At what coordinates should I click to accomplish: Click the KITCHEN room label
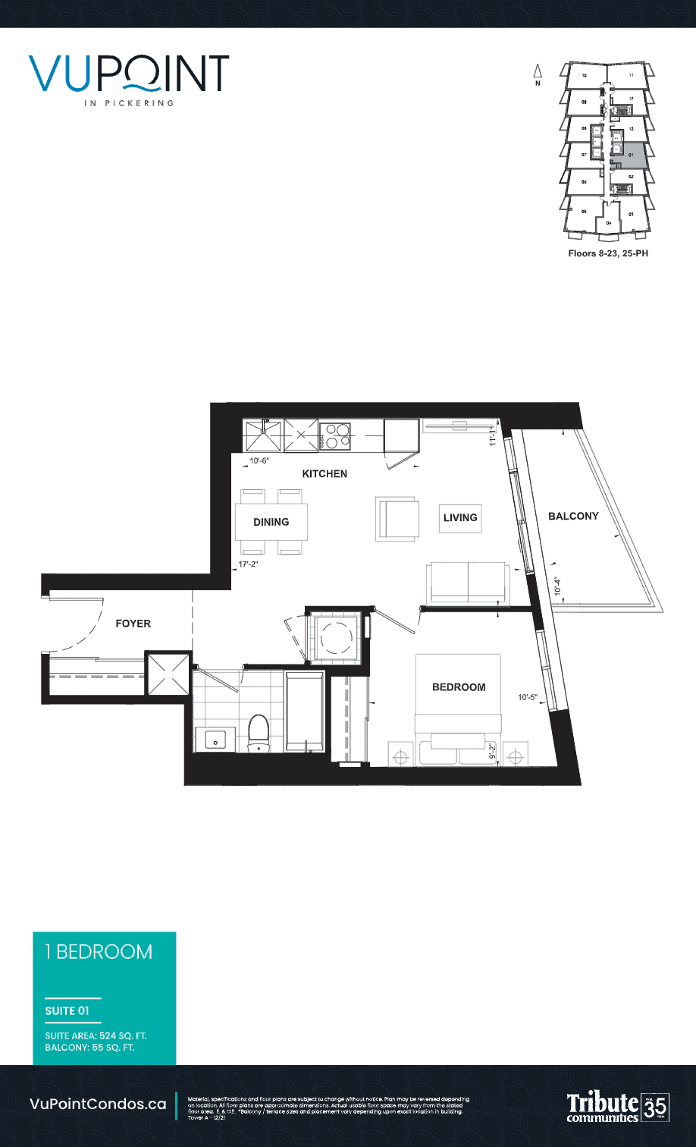pos(324,473)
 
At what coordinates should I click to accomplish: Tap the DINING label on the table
pos(271,522)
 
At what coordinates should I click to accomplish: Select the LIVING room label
pos(459,517)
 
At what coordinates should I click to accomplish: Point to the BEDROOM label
pos(459,687)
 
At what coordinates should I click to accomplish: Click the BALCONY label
pos(573,516)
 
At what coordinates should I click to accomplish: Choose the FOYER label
pos(133,624)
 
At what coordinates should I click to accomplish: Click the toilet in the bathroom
pos(259,733)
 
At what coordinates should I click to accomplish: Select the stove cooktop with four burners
pos(334,436)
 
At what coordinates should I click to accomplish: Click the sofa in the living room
pos(468,583)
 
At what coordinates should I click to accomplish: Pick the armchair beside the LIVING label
pos(397,519)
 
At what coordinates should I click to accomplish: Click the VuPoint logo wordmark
pos(129,75)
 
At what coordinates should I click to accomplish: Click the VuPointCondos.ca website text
pos(97,1105)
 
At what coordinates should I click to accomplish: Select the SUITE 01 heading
pos(67,1011)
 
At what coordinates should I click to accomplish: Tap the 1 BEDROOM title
pos(99,952)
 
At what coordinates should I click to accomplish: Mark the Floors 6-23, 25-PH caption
pos(608,253)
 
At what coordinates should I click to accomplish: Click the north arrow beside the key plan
pos(538,76)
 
